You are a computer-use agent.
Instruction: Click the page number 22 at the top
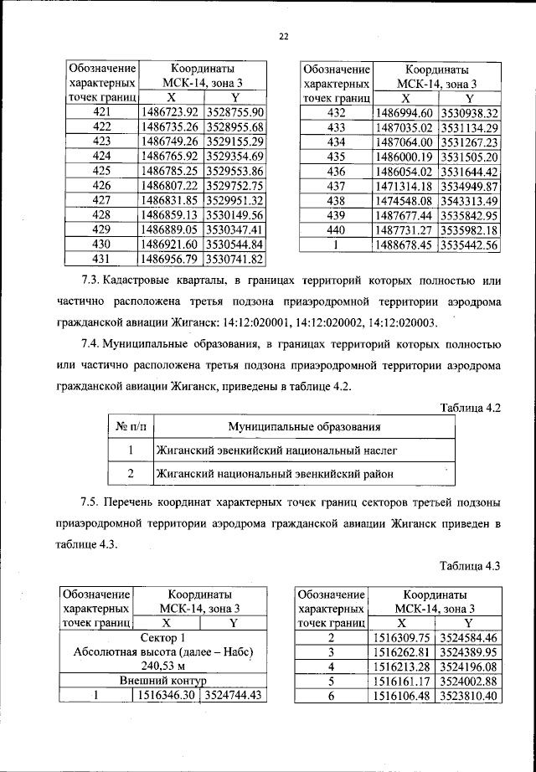coord(283,36)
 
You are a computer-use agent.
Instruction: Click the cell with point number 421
coord(100,112)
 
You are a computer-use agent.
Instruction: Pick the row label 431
coord(100,260)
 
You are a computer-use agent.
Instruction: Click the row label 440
coord(335,230)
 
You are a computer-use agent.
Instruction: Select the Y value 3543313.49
coord(469,201)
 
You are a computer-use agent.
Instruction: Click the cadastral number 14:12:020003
coord(394,322)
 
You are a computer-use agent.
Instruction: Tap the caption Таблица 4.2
coord(469,408)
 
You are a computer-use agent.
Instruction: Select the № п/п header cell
coord(130,428)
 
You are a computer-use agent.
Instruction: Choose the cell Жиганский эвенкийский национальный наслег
coord(276,450)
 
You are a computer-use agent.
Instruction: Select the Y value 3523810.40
coord(467,696)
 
